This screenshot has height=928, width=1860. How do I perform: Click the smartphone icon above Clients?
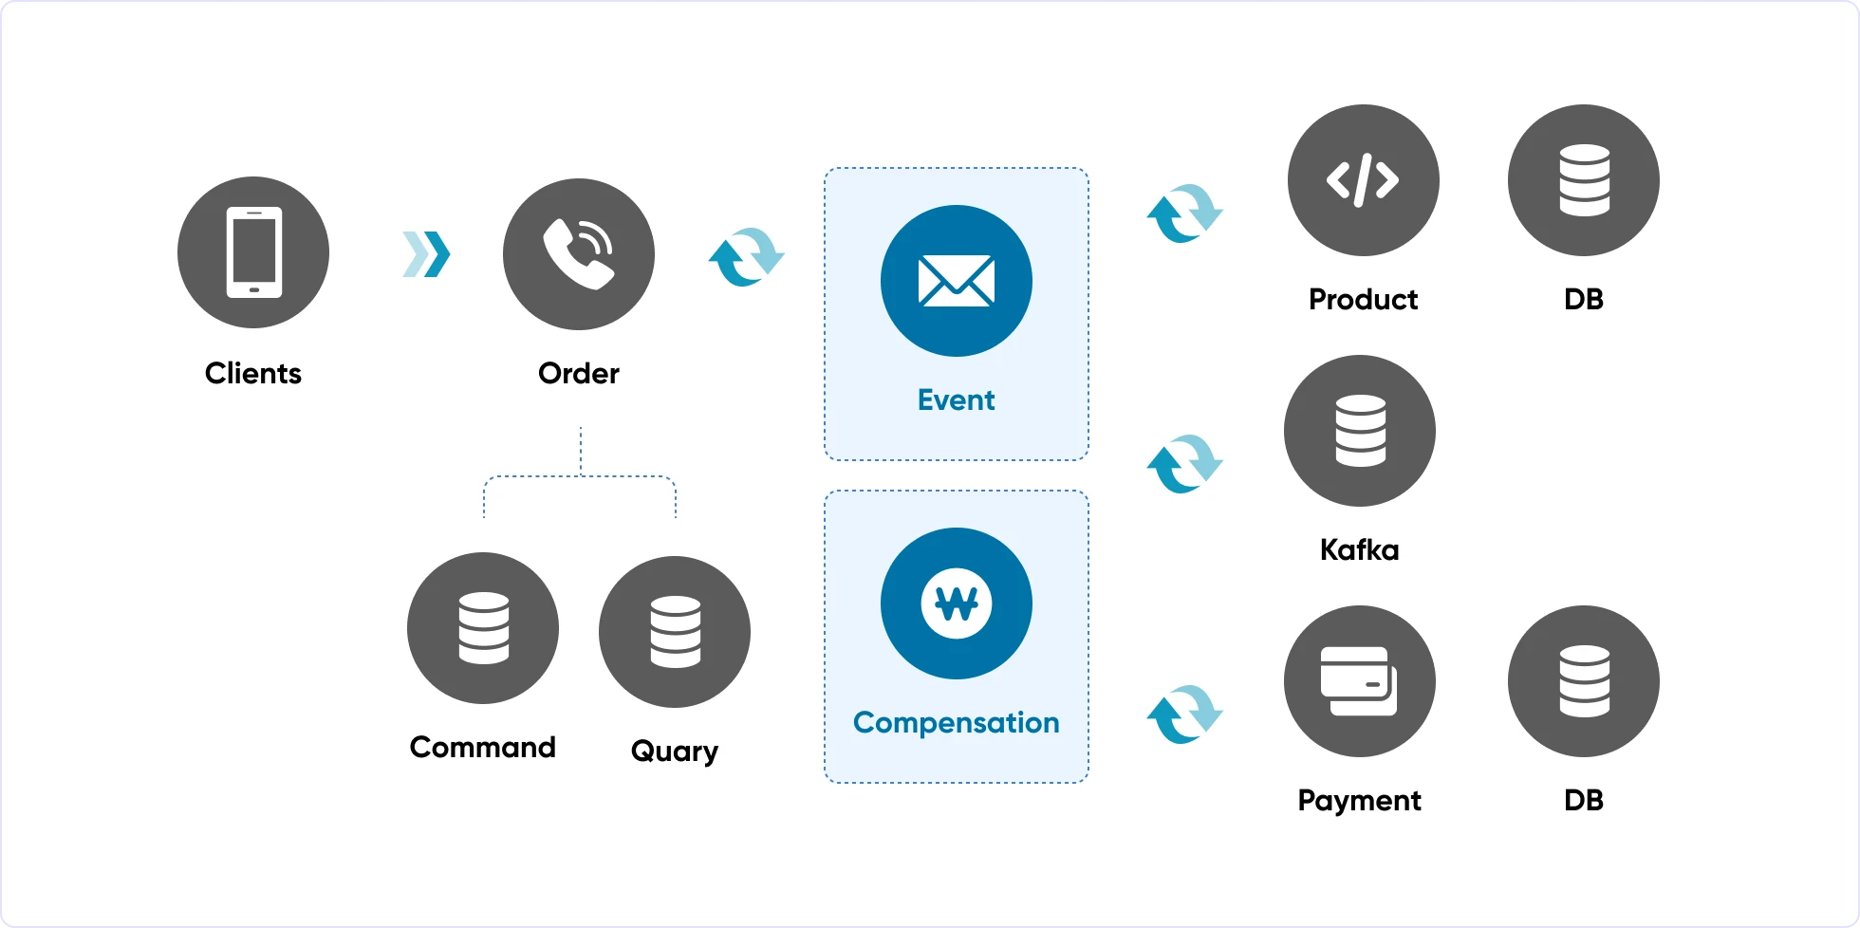point(253,252)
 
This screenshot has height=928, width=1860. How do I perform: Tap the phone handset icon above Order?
point(579,254)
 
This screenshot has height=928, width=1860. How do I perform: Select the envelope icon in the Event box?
point(957,281)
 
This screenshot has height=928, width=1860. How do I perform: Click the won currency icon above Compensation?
point(957,603)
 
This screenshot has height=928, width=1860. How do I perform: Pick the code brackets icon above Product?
point(1364,180)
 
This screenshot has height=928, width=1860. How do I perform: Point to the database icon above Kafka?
point(1360,431)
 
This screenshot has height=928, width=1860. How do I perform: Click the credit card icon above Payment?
point(1360,681)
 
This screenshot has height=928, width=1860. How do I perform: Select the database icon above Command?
point(483,628)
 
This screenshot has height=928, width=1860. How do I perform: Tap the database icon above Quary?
point(675,632)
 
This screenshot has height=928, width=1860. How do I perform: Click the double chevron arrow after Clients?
point(426,254)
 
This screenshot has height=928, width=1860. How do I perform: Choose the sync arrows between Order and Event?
point(747,257)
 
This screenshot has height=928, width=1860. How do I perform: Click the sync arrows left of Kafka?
point(1185,464)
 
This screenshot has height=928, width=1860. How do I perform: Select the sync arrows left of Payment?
point(1185,715)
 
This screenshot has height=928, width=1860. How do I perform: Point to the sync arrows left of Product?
point(1185,213)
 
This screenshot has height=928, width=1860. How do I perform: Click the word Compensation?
point(957,723)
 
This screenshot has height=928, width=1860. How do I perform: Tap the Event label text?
point(957,399)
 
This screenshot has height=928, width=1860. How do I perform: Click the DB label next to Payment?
point(1584,800)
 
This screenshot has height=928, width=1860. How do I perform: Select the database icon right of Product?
point(1584,180)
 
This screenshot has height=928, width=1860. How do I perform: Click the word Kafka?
point(1360,549)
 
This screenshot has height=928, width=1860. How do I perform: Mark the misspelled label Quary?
point(675,752)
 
